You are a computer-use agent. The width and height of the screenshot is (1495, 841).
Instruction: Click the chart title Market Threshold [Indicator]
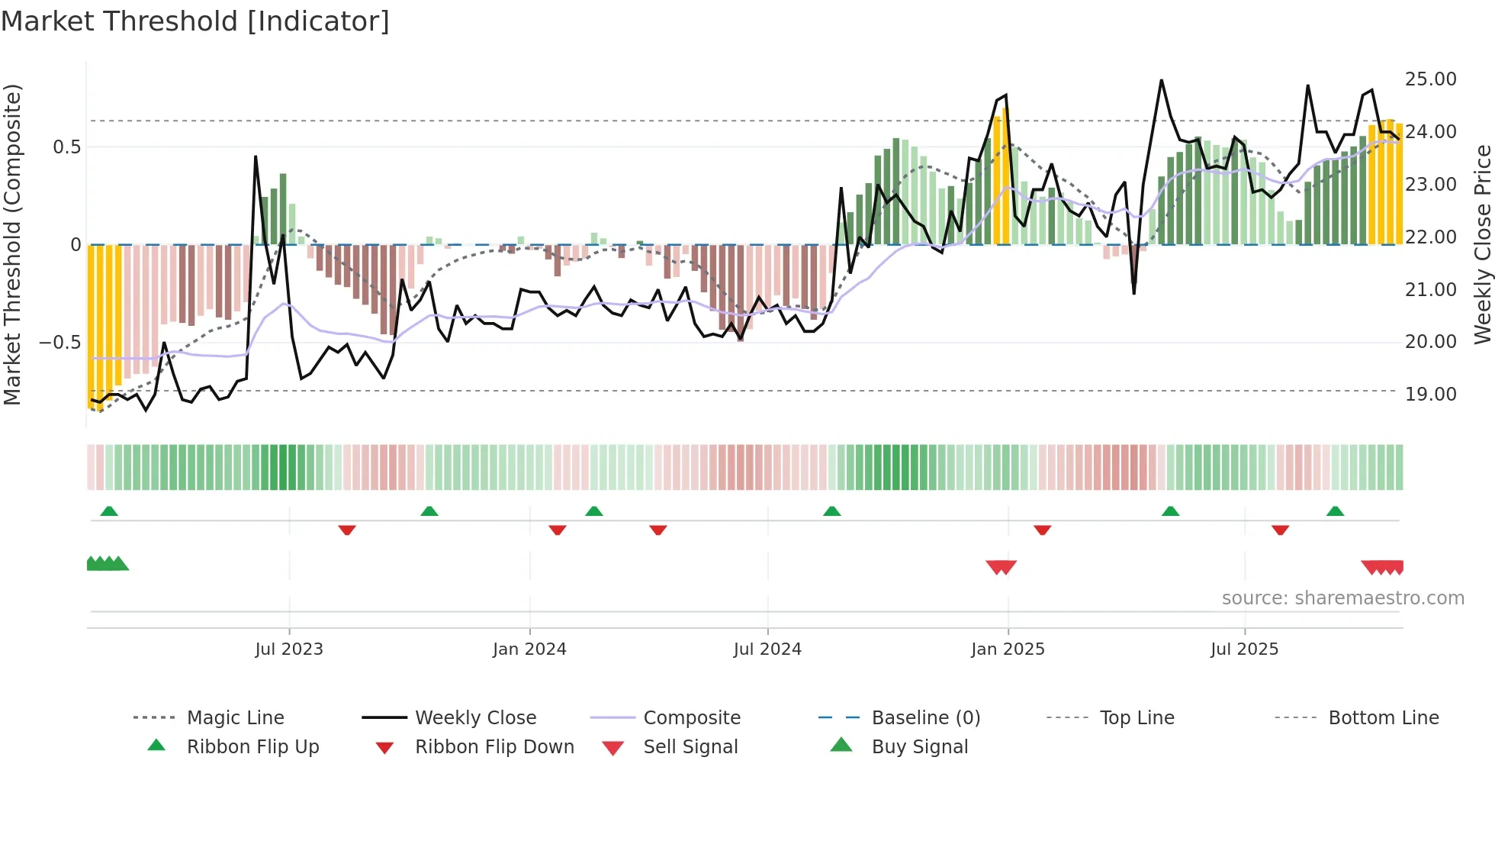pos(195,21)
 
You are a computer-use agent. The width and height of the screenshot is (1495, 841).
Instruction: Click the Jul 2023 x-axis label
pos(289,649)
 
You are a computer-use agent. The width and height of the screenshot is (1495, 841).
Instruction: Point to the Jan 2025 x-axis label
pos(1008,649)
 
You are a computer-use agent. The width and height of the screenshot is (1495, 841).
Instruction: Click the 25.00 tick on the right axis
pos(1431,79)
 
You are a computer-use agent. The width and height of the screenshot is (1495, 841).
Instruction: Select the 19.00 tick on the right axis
pos(1431,395)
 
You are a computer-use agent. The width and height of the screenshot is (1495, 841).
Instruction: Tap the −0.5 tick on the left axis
pos(60,343)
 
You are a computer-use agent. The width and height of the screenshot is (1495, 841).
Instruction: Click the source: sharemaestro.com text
pos(1342,598)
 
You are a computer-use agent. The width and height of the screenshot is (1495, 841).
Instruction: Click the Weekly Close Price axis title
pos(1482,244)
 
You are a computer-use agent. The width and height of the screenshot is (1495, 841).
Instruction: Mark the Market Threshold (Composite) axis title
pos(12,244)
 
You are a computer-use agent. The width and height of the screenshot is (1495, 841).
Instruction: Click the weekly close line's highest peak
pos(1162,80)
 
